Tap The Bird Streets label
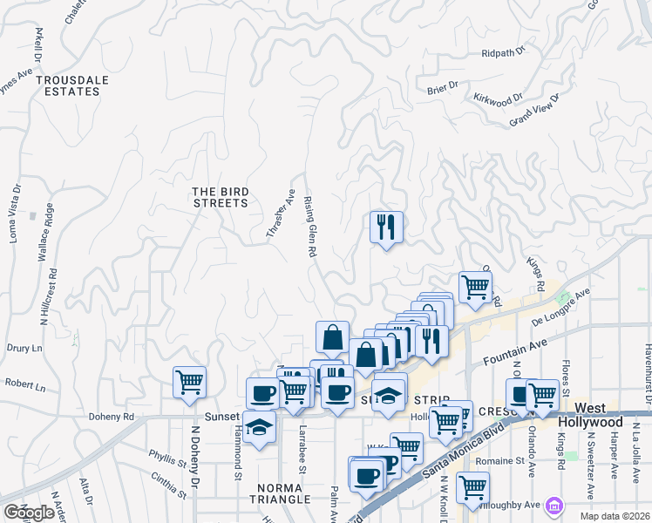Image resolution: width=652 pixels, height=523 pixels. tap(220, 197)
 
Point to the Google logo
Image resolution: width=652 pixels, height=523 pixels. tap(29, 513)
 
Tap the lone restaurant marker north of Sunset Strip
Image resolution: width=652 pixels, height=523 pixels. tap(385, 228)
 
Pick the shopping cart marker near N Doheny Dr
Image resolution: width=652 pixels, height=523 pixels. tap(189, 383)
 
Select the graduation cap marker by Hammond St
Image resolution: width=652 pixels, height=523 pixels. tap(259, 428)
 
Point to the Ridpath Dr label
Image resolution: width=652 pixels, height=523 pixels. tap(504, 53)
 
